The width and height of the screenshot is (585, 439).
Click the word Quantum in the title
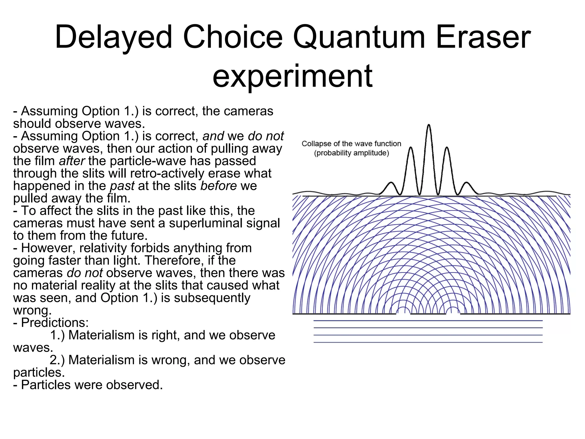coord(359,37)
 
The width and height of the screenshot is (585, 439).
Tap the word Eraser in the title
coord(483,37)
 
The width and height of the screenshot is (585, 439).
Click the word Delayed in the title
coord(114,37)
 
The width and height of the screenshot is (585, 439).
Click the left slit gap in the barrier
coord(403,314)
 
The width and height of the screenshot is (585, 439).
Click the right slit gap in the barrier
coord(453,314)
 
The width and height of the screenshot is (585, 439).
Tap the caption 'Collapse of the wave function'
coord(351,143)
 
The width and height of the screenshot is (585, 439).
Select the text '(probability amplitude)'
coord(351,153)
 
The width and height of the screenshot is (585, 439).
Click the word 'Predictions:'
coord(55,323)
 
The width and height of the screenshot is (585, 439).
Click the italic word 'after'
coord(72,161)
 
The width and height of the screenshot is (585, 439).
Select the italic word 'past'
coord(122,186)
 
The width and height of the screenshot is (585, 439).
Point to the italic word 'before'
coord(219,186)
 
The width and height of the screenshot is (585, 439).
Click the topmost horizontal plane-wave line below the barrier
coord(428,321)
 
